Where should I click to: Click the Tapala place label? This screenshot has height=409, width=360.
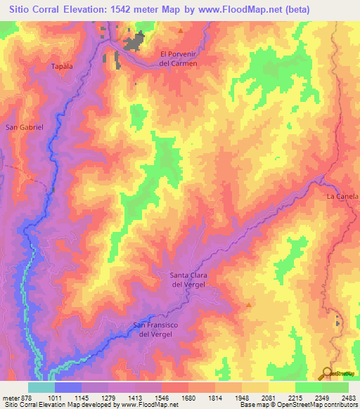(63, 67)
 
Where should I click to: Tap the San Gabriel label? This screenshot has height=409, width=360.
(25, 127)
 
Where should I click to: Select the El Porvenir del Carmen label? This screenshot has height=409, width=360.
(179, 58)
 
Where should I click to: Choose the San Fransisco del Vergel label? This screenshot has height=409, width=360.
(162, 330)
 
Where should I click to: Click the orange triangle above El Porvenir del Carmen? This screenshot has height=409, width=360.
(181, 31)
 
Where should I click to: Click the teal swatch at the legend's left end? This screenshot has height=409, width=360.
(41, 387)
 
